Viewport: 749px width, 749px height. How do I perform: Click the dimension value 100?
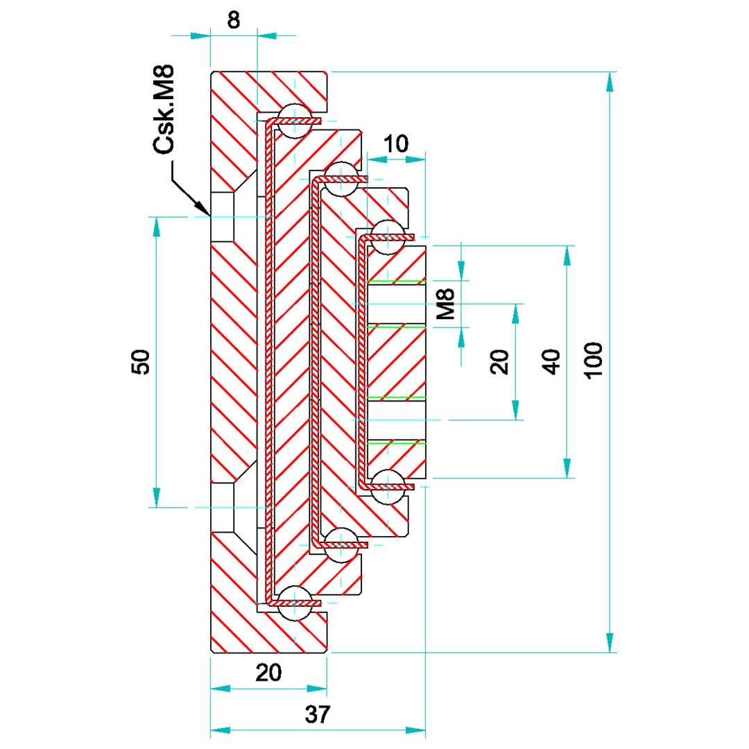[594, 360]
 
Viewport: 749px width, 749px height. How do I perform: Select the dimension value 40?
[551, 361]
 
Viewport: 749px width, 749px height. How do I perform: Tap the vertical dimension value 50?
[141, 361]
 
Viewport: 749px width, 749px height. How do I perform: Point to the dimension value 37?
[318, 714]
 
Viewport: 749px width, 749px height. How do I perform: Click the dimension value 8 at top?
[234, 21]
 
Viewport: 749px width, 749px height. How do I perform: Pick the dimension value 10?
[395, 144]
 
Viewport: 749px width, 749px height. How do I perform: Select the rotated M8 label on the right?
[446, 304]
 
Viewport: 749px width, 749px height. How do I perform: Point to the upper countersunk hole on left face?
[223, 217]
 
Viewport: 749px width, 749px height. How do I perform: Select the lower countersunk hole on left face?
[223, 507]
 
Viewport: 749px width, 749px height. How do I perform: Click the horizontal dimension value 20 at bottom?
[268, 673]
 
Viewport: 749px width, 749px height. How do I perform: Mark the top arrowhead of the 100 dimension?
[610, 80]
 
